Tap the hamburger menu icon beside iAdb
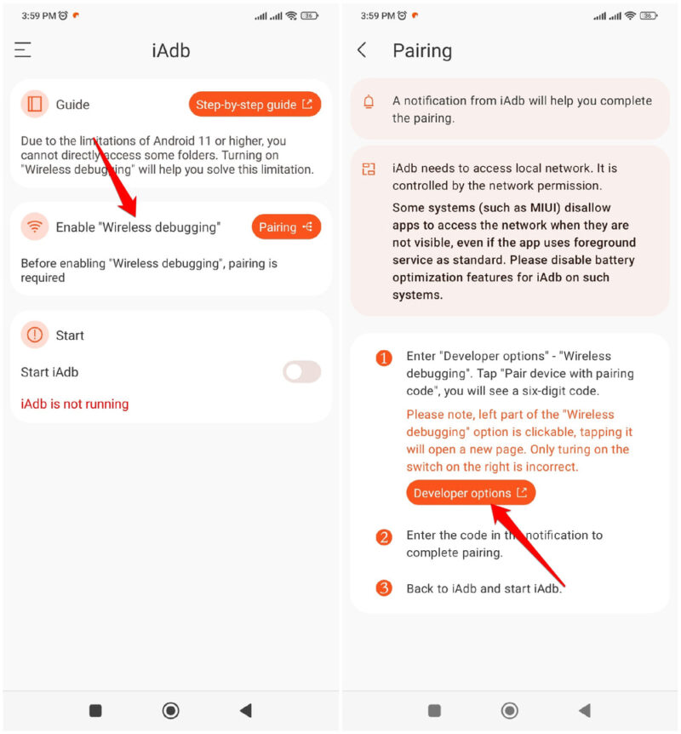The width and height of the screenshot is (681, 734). click(23, 50)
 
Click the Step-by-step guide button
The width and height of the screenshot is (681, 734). click(255, 105)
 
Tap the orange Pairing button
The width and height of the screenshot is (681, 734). click(286, 227)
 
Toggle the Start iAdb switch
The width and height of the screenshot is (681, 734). click(301, 372)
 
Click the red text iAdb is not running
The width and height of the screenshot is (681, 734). click(75, 404)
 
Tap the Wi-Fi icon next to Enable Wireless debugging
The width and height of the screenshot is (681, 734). click(35, 227)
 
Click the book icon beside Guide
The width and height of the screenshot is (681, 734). click(35, 105)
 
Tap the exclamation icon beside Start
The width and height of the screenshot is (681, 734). click(35, 335)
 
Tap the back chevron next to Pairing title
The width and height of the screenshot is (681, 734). click(362, 50)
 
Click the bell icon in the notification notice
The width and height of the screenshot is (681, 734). click(369, 102)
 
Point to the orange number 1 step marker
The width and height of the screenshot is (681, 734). click(384, 358)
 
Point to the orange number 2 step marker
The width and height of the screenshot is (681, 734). click(384, 537)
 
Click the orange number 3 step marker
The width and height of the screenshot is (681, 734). click(384, 588)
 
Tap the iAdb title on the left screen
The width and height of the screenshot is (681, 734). click(170, 50)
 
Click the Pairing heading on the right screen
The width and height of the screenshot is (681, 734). click(422, 50)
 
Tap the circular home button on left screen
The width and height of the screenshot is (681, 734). click(170, 710)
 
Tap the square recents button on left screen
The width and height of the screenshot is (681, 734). click(95, 710)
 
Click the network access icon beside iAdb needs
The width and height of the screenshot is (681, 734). click(369, 169)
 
